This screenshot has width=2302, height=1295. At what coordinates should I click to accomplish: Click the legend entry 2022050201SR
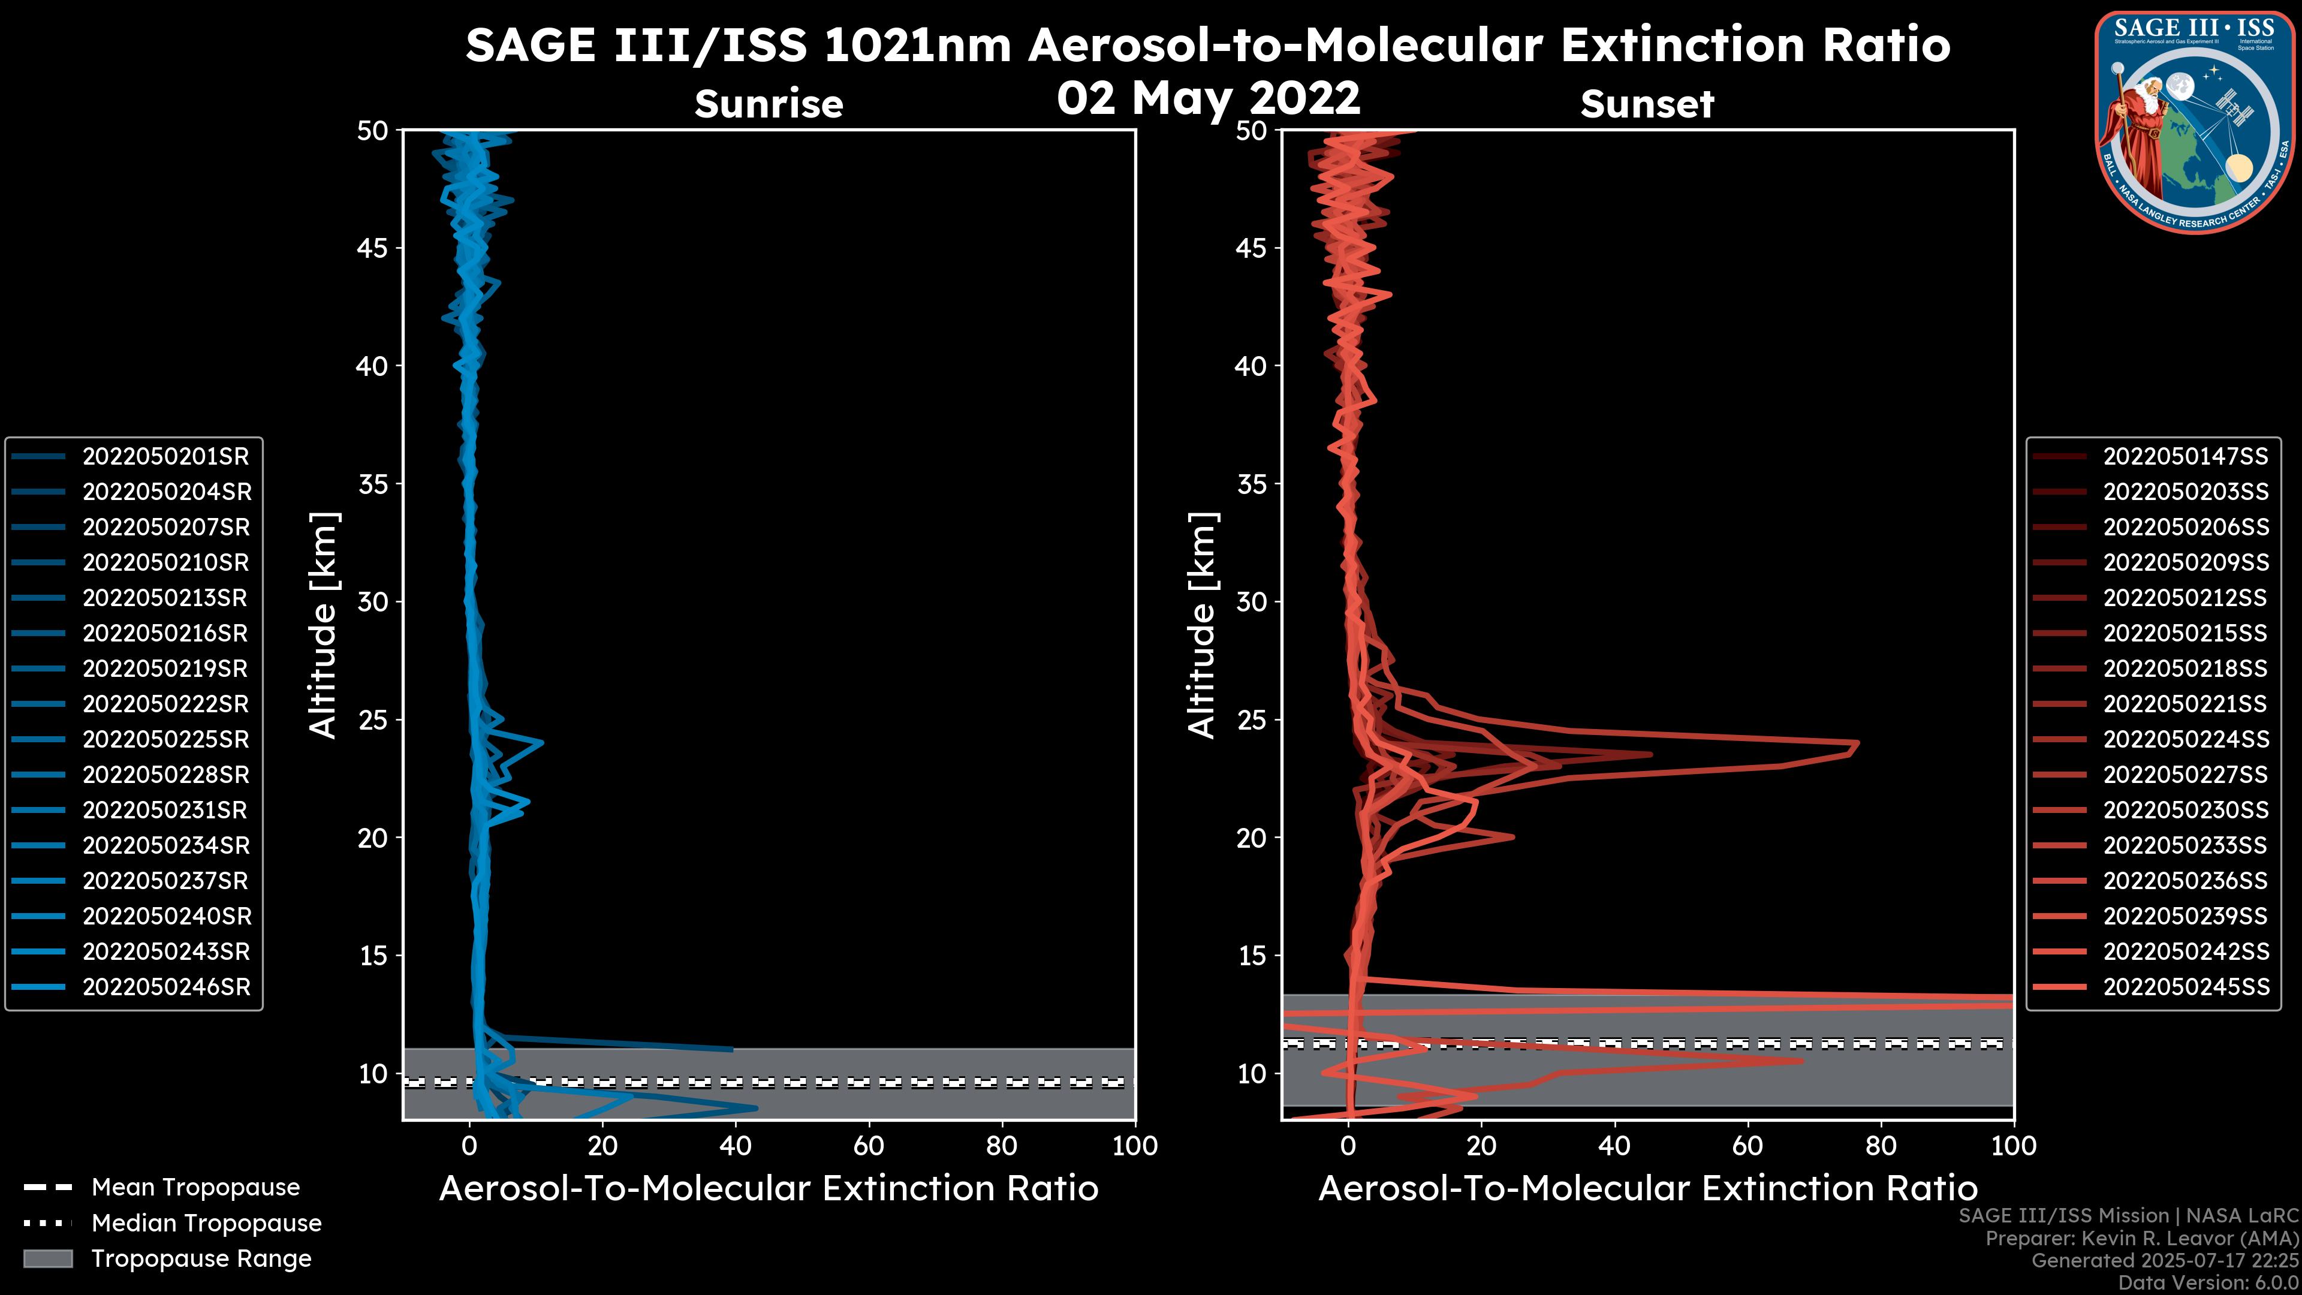[166, 457]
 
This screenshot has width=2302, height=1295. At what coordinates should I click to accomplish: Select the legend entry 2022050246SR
[166, 987]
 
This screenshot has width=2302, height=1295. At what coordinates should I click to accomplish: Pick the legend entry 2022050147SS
[2185, 457]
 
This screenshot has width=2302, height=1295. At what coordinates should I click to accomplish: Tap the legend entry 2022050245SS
[2185, 987]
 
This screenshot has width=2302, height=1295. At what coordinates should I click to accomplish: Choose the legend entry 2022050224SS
[2185, 740]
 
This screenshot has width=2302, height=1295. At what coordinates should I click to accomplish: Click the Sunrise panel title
[769, 104]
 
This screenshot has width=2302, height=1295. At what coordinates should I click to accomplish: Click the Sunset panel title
[1647, 104]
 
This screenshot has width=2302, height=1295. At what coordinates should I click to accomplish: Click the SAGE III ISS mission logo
[2196, 121]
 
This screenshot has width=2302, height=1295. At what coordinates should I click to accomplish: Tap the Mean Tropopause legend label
[195, 1188]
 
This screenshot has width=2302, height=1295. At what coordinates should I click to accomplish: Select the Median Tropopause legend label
[206, 1224]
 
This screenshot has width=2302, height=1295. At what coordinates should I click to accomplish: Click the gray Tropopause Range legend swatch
[48, 1258]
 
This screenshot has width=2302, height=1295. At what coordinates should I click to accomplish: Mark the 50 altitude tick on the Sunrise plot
[373, 131]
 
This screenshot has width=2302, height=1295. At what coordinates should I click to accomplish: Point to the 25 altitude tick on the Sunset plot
[1251, 720]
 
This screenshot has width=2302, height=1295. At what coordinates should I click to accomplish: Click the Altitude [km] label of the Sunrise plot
[323, 625]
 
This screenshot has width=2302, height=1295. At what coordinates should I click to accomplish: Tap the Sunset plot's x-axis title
[1647, 1189]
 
